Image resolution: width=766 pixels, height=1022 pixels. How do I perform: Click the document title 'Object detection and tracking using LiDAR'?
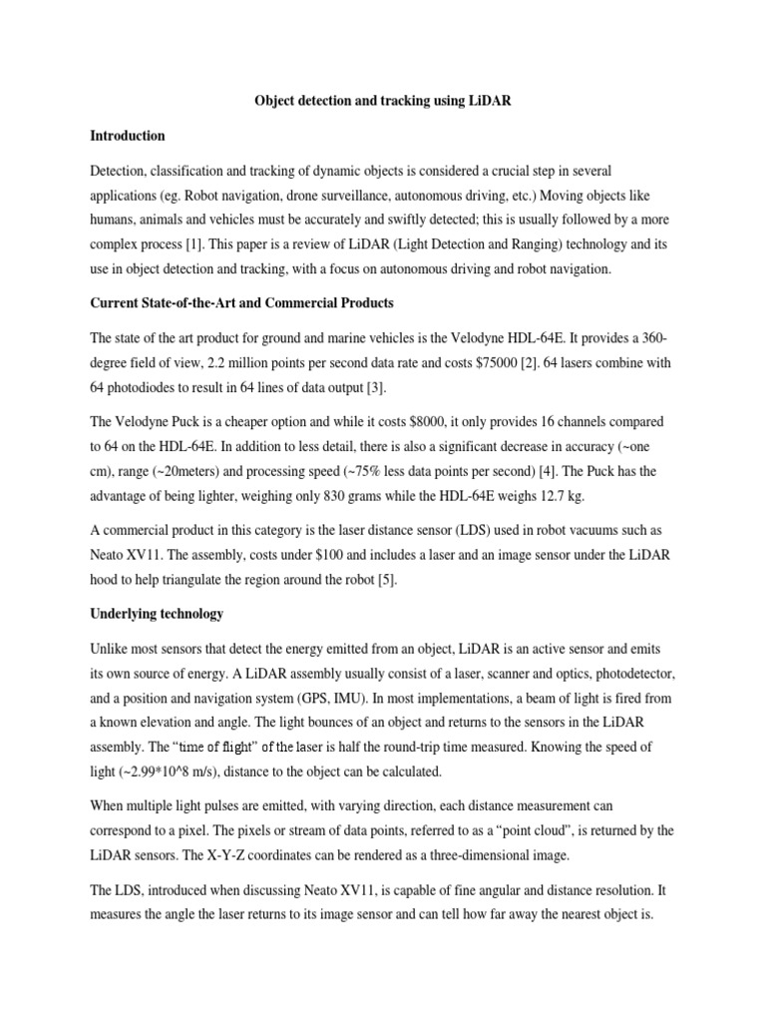coord(382,102)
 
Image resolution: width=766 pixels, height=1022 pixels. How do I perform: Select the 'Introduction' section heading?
coord(128,136)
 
